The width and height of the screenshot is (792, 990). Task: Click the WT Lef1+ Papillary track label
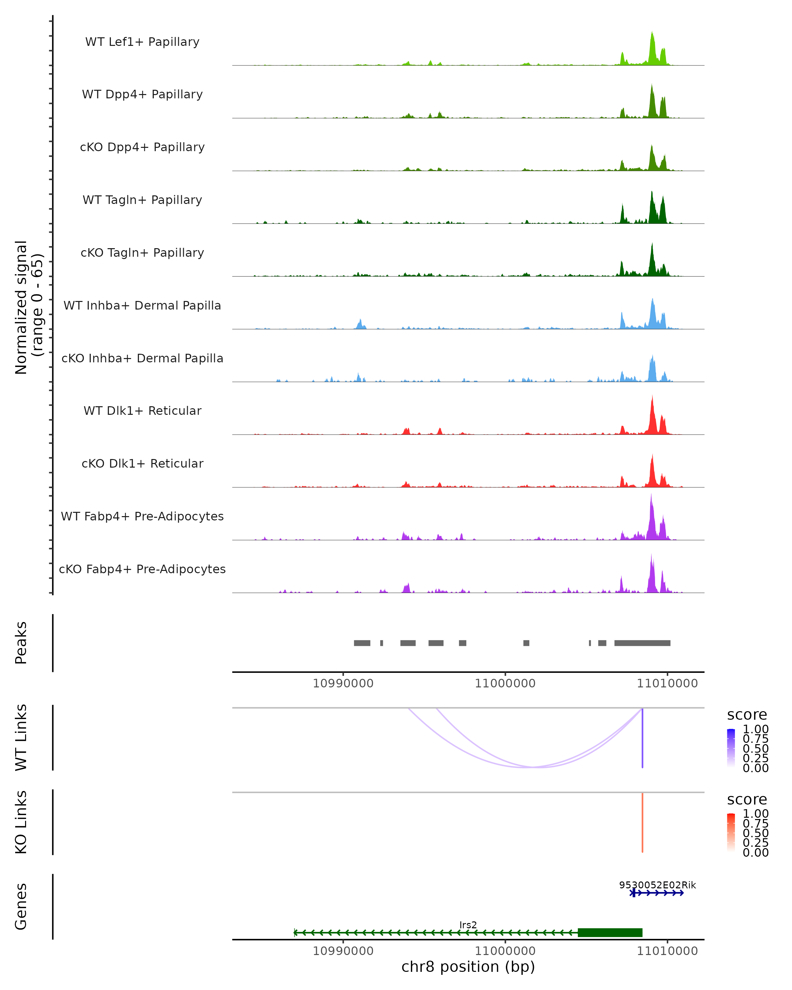142,42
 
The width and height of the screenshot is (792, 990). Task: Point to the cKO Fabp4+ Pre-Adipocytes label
142,569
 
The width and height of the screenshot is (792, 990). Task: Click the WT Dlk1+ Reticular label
142,411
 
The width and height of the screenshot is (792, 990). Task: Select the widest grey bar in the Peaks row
642,643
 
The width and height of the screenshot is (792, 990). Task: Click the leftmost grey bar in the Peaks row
362,643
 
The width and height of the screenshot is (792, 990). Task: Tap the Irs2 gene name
468,925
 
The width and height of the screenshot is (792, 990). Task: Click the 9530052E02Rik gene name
657,885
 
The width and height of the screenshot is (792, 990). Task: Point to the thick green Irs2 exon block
610,932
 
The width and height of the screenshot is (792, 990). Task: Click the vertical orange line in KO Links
642,822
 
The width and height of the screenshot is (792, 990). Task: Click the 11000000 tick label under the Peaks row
505,683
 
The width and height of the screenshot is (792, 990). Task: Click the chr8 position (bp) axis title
468,967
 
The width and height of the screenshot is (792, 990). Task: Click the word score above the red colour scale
747,800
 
